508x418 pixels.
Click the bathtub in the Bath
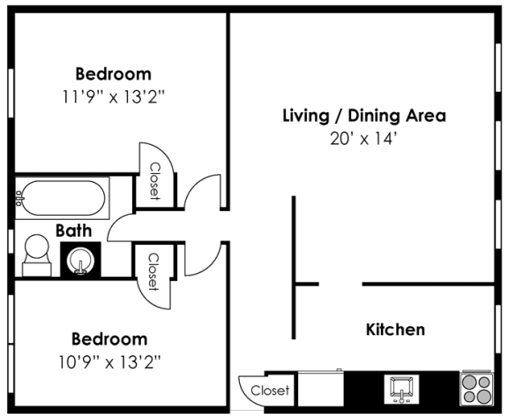tap(62, 199)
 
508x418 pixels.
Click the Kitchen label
tap(395, 330)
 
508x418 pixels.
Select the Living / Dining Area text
tap(363, 116)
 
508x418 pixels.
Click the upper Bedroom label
tap(112, 74)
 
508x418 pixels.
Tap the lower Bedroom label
tap(108, 339)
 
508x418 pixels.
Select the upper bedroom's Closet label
tap(154, 181)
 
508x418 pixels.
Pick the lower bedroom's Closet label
tap(153, 271)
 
